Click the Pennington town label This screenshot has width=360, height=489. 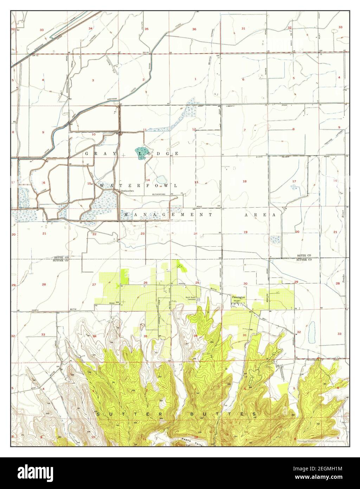238,297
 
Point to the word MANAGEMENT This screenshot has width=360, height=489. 167,214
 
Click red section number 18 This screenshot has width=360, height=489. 245,181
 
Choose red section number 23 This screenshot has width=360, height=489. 143,234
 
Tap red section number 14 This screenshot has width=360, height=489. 148,180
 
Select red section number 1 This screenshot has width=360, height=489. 195,79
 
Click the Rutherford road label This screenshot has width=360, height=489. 159,193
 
